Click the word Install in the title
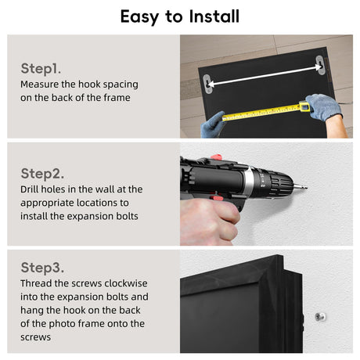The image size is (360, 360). [214, 16]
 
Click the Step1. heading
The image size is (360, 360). [41, 69]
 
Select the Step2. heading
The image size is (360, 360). [42, 174]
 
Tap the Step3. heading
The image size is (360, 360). [42, 268]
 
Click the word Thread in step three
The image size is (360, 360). [36, 283]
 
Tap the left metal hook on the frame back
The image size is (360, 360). [207, 84]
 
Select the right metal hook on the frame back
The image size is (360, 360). [321, 65]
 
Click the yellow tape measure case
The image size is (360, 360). [304, 106]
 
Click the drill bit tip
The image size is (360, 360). [306, 187]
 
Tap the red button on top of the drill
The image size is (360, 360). [216, 157]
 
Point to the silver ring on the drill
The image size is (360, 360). [249, 182]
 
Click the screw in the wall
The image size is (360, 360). [320, 317]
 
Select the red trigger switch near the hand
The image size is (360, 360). [217, 196]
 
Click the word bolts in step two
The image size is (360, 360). [127, 216]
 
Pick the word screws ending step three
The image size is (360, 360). [36, 337]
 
